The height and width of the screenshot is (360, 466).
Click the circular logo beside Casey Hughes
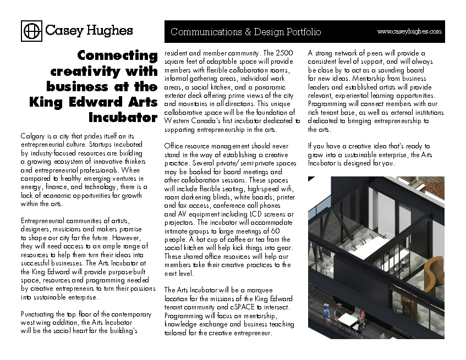31,30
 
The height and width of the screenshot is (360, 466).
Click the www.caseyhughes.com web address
409,32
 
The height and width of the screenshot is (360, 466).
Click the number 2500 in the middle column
284,53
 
